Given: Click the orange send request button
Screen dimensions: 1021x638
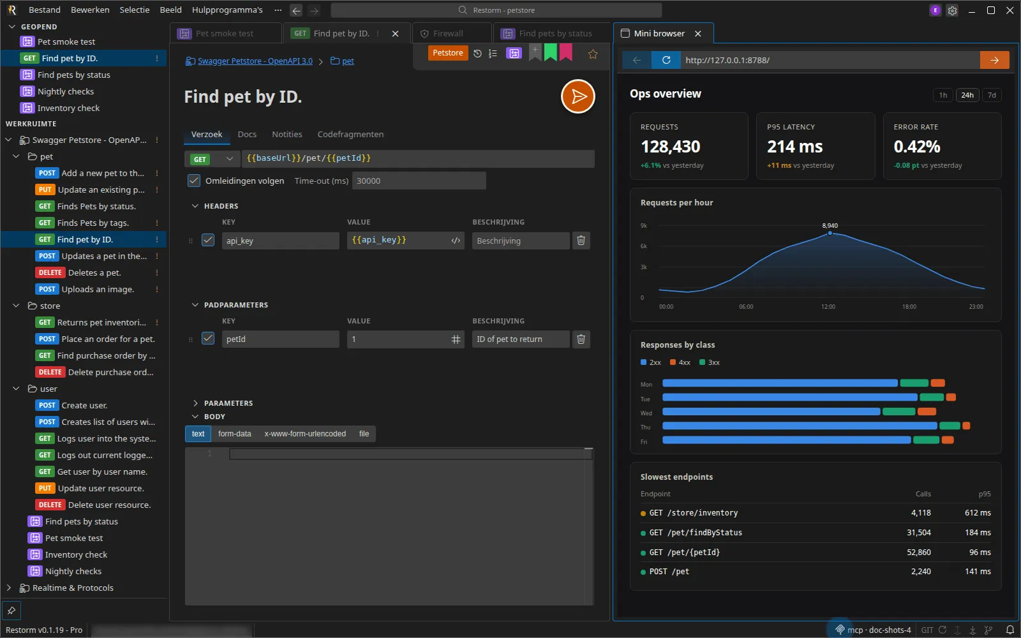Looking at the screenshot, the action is pyautogui.click(x=578, y=96).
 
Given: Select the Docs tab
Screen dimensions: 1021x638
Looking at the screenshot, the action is pyautogui.click(x=247, y=135).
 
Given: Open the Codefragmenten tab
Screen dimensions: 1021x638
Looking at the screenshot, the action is pyautogui.click(x=350, y=135).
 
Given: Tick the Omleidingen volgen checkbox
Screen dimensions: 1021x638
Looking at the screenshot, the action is pyautogui.click(x=194, y=181).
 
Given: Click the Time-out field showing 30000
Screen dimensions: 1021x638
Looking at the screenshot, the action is pyautogui.click(x=419, y=181).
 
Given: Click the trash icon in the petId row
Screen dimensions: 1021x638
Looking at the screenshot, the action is pyautogui.click(x=581, y=339).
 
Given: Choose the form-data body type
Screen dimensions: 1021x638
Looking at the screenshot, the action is pyautogui.click(x=234, y=433).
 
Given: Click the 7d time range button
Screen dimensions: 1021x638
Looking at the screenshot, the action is pyautogui.click(x=992, y=95).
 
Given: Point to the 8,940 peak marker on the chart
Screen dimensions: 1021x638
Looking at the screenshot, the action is pyautogui.click(x=830, y=233).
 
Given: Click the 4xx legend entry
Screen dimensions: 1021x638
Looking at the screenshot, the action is pyautogui.click(x=680, y=362).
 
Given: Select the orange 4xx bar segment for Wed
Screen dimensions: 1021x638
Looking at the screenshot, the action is pyautogui.click(x=926, y=412).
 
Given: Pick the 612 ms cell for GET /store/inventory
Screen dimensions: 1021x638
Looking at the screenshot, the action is pyautogui.click(x=978, y=513).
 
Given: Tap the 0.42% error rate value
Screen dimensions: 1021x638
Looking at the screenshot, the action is pyautogui.click(x=916, y=146).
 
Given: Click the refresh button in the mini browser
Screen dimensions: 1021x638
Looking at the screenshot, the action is pyautogui.click(x=666, y=60).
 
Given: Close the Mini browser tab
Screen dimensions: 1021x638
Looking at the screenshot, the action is pyautogui.click(x=698, y=34).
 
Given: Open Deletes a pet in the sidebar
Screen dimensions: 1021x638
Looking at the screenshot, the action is pyautogui.click(x=94, y=272).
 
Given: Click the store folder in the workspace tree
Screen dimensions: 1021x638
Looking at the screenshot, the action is pyautogui.click(x=50, y=306).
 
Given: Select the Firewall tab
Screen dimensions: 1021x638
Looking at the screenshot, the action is pyautogui.click(x=447, y=34).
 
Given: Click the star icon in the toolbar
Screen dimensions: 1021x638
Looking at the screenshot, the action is pyautogui.click(x=593, y=54).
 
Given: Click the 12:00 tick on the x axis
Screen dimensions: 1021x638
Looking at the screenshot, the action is pyautogui.click(x=828, y=307).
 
